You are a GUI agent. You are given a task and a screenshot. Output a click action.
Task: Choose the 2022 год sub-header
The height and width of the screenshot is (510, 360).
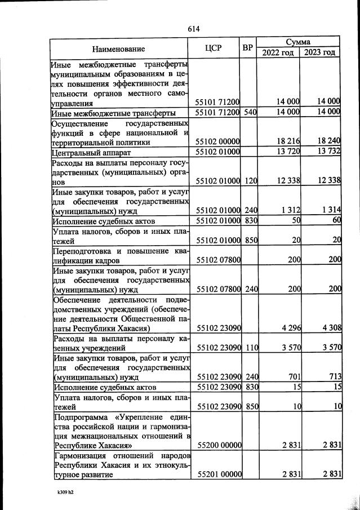[279, 52]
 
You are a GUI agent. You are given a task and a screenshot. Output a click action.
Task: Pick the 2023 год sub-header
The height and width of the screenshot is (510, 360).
[321, 52]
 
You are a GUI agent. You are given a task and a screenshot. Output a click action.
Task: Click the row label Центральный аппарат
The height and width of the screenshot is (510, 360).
[92, 153]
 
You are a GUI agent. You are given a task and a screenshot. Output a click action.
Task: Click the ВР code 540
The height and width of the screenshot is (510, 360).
[250, 112]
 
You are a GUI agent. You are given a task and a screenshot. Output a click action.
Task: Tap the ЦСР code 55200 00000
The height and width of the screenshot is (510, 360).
[218, 445]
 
